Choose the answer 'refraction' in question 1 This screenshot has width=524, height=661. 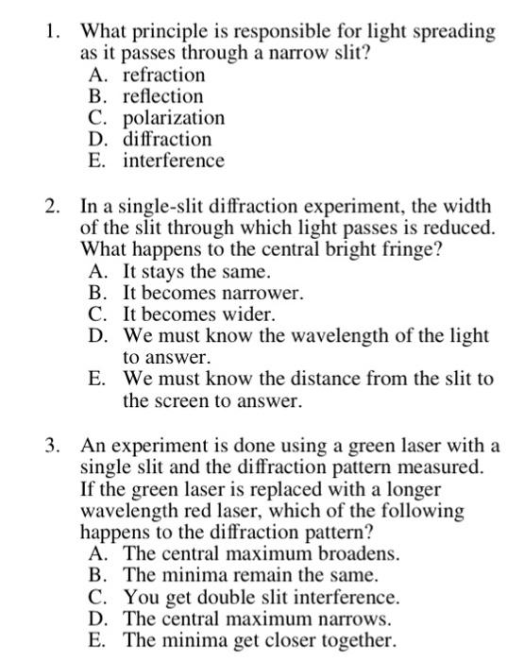tap(163, 75)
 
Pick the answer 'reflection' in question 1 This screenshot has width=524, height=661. tap(162, 96)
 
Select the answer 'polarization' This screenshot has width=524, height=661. tap(174, 118)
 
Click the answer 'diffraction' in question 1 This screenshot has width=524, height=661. tap(167, 140)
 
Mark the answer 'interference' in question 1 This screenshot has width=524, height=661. tap(173, 161)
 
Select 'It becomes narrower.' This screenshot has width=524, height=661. tap(213, 293)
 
